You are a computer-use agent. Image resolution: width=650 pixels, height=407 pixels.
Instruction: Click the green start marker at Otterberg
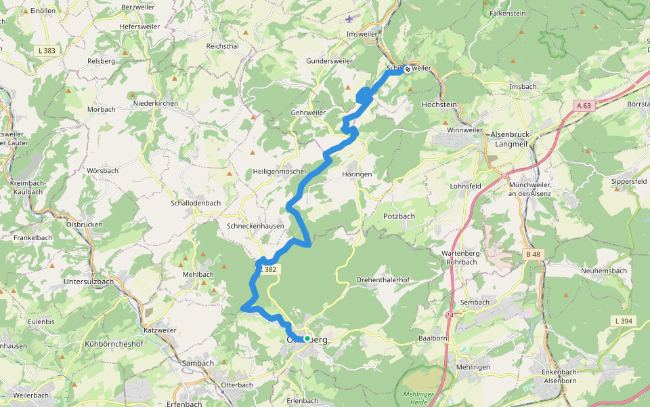[307, 338]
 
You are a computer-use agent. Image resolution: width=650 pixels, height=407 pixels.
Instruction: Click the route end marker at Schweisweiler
[408, 69]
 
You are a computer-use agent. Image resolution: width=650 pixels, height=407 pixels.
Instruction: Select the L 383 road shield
[47, 50]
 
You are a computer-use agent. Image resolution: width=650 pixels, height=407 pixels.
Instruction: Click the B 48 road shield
[534, 254]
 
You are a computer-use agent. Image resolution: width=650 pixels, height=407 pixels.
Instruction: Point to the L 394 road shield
[624, 320]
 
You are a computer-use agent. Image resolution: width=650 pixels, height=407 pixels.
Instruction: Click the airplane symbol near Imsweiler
[349, 18]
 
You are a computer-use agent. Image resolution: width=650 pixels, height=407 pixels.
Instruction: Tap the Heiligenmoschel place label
[280, 172]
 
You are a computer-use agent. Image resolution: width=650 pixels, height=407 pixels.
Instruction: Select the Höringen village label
[357, 174]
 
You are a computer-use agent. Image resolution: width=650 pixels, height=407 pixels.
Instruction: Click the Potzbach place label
[399, 216]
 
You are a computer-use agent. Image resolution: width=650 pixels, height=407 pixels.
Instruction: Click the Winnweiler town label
[464, 130]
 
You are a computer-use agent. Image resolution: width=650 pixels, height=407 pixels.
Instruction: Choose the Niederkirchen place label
[156, 103]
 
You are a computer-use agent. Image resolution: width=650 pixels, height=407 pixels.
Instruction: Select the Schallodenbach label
[196, 203]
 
